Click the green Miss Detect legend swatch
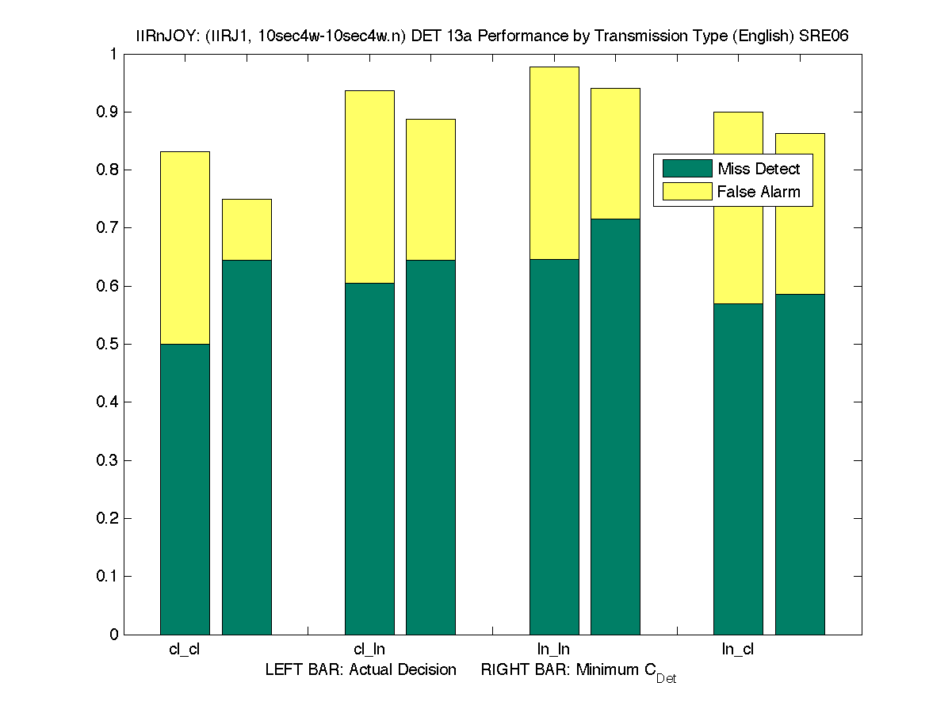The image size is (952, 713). point(687,168)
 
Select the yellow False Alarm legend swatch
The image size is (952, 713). point(687,191)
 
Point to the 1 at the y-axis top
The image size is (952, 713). point(114,54)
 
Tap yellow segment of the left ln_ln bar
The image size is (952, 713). point(554,162)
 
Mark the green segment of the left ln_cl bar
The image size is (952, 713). point(738,468)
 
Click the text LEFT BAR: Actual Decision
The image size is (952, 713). point(361,670)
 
